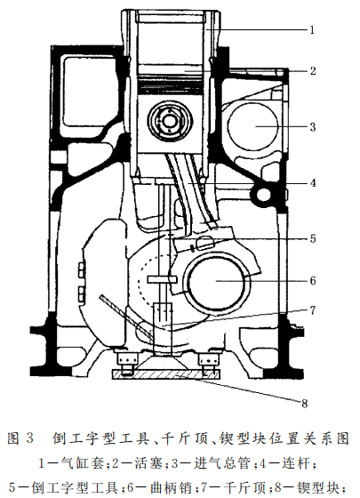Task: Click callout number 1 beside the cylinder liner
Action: tap(312, 30)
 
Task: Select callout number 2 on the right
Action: tap(312, 71)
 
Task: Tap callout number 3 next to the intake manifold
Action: tap(313, 127)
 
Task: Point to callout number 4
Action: tap(313, 183)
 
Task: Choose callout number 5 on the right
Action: tap(313, 239)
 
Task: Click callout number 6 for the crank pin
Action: tap(313, 281)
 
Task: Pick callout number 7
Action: tap(313, 310)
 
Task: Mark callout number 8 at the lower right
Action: tap(304, 404)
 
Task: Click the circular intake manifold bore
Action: tap(253, 125)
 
